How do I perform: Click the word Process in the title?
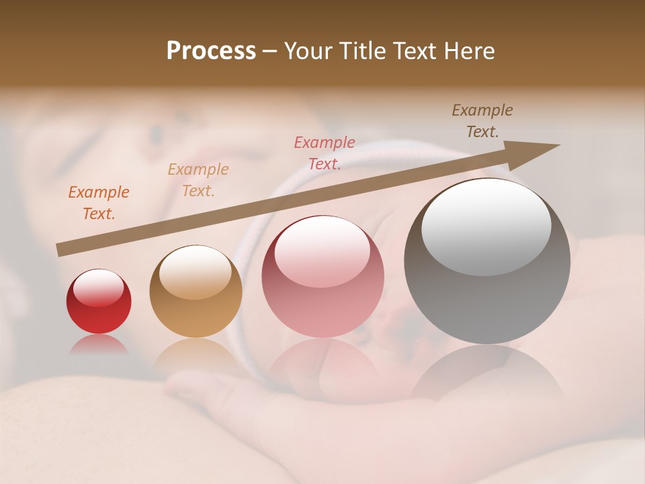click(x=211, y=51)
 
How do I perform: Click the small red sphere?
click(x=99, y=302)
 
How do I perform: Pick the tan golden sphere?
click(x=196, y=291)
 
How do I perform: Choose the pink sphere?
click(x=322, y=276)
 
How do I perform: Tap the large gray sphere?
click(x=487, y=261)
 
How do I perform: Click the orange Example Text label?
click(x=99, y=203)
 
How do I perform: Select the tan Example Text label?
click(x=198, y=180)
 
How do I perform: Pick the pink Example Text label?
click(x=325, y=153)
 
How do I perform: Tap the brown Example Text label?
click(x=482, y=121)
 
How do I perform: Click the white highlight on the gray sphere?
click(x=486, y=227)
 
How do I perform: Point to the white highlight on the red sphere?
click(x=98, y=288)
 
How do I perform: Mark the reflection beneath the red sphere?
click(x=99, y=345)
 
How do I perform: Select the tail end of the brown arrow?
click(x=62, y=249)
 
